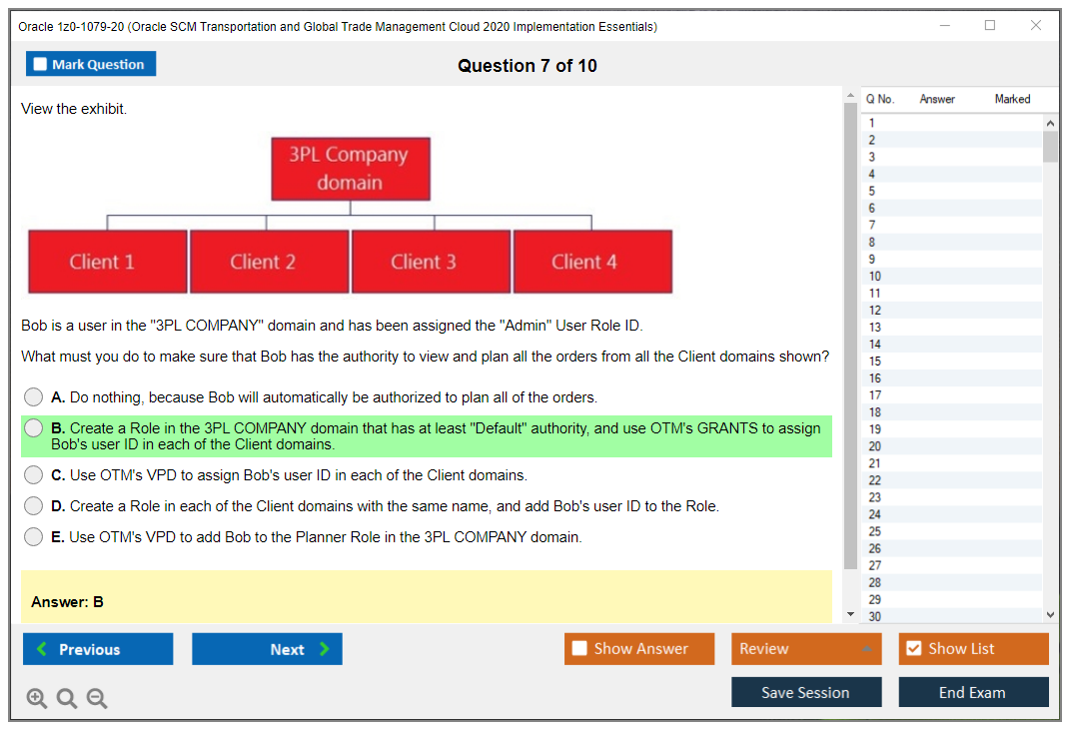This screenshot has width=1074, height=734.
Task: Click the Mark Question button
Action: point(91,64)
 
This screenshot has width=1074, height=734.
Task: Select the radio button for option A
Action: point(34,397)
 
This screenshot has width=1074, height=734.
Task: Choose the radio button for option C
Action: point(34,474)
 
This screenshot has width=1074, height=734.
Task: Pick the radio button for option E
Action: point(34,537)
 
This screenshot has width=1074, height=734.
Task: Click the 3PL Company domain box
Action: point(351,169)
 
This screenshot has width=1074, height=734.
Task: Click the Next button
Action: point(267,649)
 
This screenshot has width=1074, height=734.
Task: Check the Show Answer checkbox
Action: point(579,648)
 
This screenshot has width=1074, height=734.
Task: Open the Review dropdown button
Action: point(806,648)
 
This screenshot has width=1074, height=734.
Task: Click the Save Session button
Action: point(806,692)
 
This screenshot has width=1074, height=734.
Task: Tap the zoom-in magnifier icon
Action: point(37,698)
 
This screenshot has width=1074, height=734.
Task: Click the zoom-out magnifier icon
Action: point(97,698)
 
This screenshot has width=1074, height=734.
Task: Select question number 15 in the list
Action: point(875,361)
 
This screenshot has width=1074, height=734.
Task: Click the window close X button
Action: point(1036,25)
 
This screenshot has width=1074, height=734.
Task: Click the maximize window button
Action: point(990,25)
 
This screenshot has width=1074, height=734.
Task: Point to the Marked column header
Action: point(1012,99)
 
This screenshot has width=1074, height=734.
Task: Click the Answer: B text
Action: point(67,602)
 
